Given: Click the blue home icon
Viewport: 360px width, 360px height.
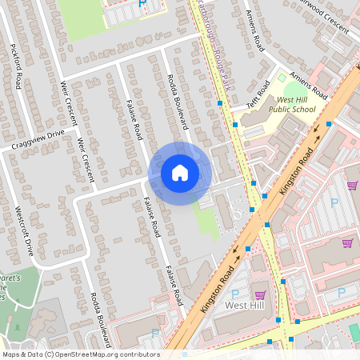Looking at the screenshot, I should [180, 173].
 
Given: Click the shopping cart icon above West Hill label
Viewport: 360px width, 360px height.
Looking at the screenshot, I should [259, 294].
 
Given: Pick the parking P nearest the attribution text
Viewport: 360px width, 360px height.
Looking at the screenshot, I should [154, 332].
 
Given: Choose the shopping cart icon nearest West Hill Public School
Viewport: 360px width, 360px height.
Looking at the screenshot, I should [352, 186].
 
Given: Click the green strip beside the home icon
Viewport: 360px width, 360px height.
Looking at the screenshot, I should [206, 214].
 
